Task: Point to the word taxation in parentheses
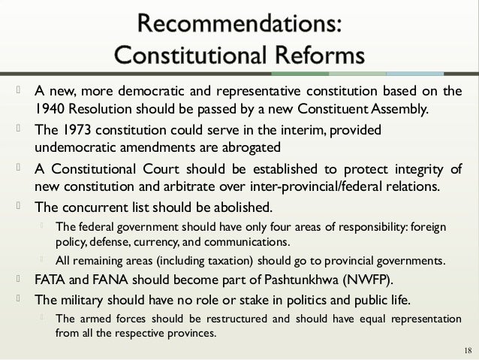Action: pos(234,261)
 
